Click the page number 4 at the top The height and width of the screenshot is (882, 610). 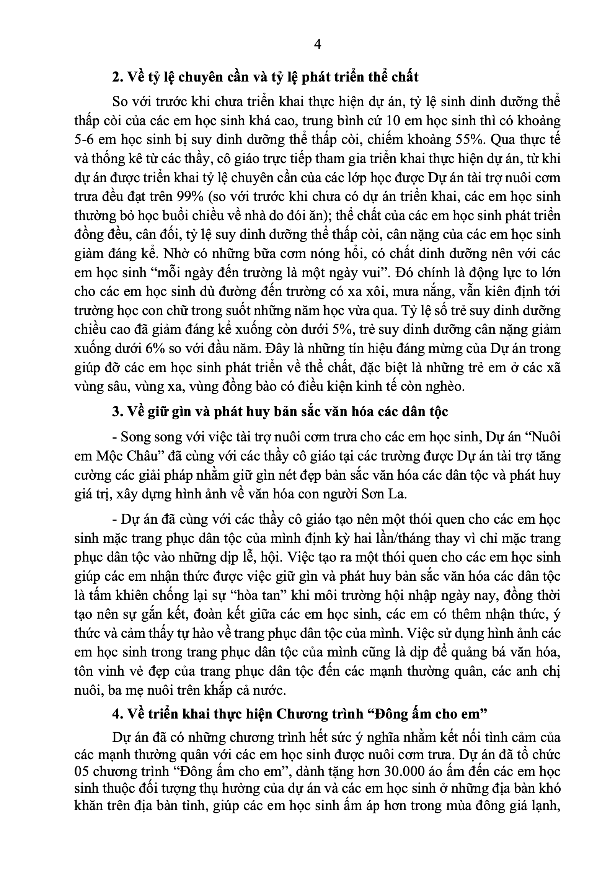point(317,45)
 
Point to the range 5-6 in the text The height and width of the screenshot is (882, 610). point(84,140)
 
